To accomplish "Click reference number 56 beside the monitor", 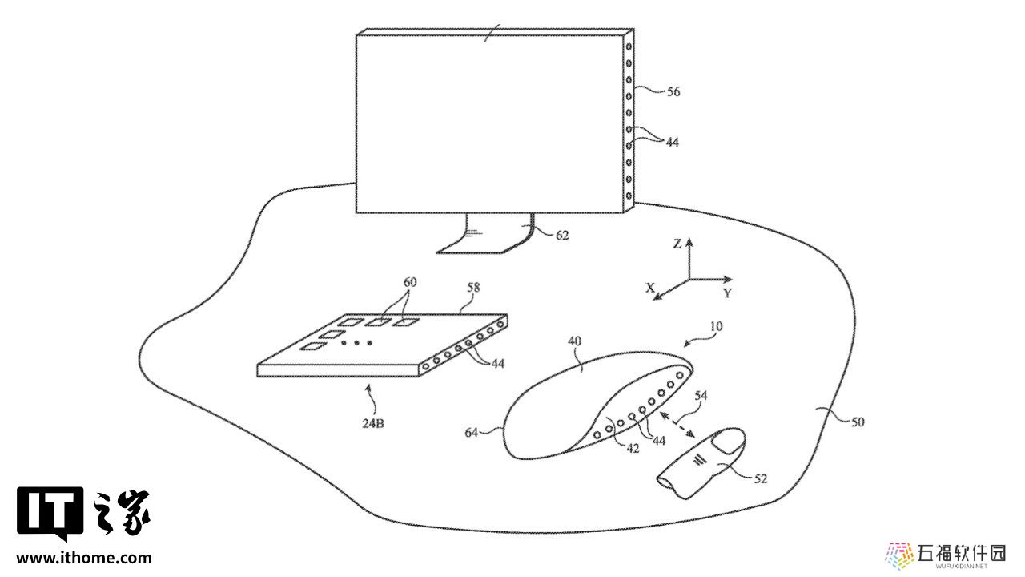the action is [673, 92].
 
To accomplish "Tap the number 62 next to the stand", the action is [562, 236].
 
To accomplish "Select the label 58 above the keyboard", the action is [473, 288].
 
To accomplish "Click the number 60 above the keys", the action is [409, 282].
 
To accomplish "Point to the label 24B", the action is [373, 424].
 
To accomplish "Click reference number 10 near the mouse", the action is [716, 326].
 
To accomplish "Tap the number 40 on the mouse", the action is [574, 341].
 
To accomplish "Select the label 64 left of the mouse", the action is [472, 432].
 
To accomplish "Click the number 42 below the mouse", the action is [633, 449].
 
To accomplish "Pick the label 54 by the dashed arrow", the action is [701, 395].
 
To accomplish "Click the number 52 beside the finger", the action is [760, 479].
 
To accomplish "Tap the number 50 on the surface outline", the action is [858, 422].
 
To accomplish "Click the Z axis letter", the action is [677, 244].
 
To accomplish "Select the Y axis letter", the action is [728, 293].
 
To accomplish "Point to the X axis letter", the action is [650, 288].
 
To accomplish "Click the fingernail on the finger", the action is [728, 442].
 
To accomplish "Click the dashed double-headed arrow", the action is [677, 425].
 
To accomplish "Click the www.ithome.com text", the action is [84, 558].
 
